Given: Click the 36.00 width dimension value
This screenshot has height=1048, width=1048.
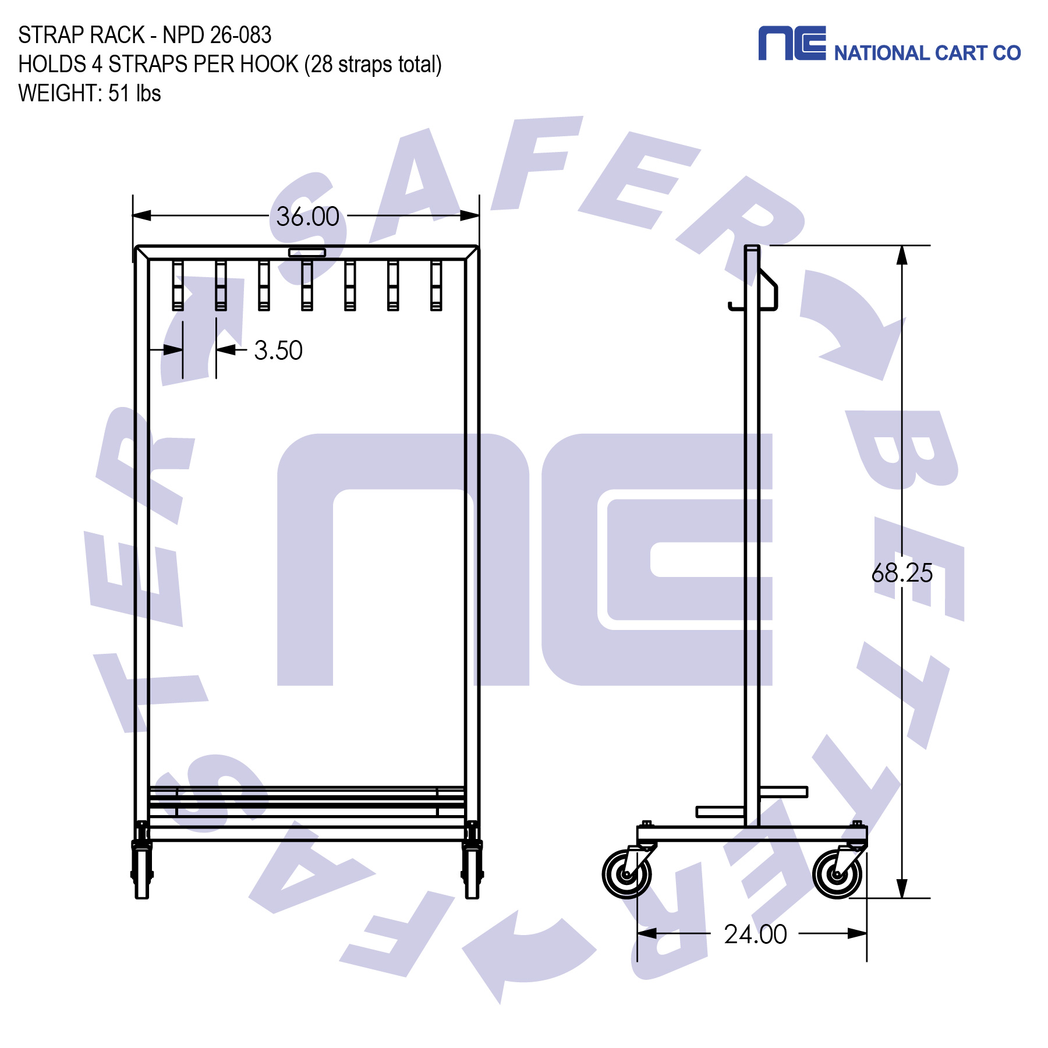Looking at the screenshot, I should (307, 217).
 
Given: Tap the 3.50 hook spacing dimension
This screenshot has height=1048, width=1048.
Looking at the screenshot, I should (278, 350).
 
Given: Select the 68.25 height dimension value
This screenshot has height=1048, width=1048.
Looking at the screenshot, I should (901, 573).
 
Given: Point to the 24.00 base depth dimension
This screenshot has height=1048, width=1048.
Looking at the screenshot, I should (755, 934).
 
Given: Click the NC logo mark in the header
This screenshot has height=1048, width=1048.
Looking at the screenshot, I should (791, 43).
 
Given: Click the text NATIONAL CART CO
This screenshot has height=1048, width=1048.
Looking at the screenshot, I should (927, 53).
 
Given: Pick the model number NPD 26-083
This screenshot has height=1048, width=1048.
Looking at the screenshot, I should (217, 35).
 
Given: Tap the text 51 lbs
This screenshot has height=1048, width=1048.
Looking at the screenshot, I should (134, 93).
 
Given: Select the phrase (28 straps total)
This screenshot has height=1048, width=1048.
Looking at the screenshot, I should (373, 64).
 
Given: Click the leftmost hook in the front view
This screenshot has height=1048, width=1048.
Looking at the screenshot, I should (178, 285).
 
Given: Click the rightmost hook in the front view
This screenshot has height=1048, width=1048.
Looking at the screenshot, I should (436, 285).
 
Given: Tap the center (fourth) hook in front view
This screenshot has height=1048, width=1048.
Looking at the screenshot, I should (307, 285).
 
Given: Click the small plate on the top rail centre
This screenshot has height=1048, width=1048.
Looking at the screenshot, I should (307, 252).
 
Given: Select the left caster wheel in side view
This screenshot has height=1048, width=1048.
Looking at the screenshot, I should (626, 874).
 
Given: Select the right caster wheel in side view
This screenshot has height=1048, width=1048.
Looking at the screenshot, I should (837, 874).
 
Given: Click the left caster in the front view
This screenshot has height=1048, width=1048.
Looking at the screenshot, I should (141, 868).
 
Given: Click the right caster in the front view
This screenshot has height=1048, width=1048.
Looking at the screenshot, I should (472, 868).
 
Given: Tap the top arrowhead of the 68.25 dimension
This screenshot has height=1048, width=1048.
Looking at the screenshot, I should (901, 255).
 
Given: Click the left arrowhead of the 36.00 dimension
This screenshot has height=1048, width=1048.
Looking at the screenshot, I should (142, 215).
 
